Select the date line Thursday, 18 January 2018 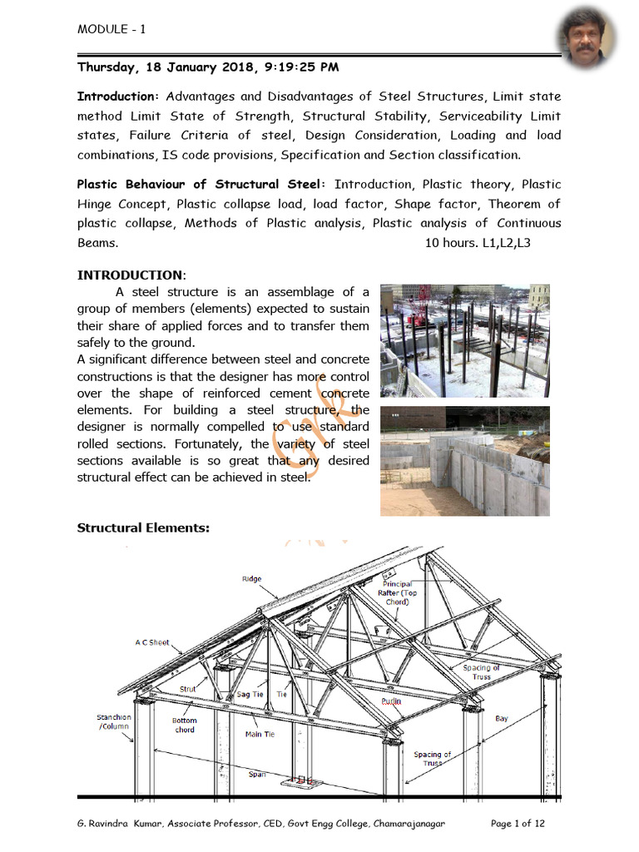tap(208, 67)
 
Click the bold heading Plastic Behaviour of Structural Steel tap(203, 185)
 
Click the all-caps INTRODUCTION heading tap(131, 275)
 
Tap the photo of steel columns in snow tap(464, 340)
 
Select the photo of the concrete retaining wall tap(464, 461)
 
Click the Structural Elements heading tap(143, 528)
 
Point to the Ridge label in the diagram tap(251, 579)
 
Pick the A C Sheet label tap(152, 642)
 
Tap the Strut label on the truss tap(187, 689)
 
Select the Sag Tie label tap(250, 694)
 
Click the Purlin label tap(391, 701)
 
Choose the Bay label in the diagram tap(502, 717)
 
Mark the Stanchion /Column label tap(112, 722)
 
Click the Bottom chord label tap(185, 725)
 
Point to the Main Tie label tap(260, 735)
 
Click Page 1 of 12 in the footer tap(518, 824)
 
